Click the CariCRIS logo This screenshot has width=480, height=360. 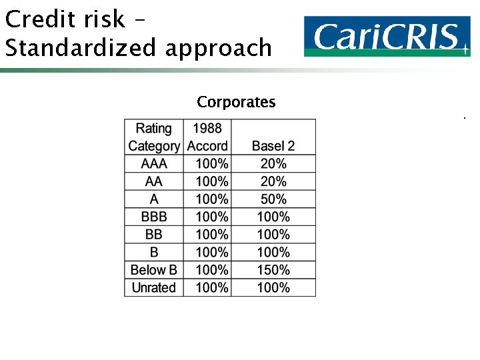[x=387, y=36]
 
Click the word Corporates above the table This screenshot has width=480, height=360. [x=236, y=102]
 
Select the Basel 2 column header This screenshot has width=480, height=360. [x=273, y=145]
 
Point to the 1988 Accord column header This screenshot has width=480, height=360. [x=207, y=137]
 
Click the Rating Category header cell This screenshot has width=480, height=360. [x=154, y=137]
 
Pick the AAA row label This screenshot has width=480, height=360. [x=154, y=163]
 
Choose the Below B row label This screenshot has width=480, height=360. [x=154, y=270]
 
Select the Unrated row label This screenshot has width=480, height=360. [x=154, y=288]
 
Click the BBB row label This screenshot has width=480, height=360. [x=154, y=217]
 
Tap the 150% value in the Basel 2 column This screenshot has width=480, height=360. [x=273, y=270]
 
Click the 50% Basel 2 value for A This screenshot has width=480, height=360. [x=273, y=199]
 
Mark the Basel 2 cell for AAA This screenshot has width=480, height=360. [x=273, y=163]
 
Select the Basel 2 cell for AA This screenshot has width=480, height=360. [x=273, y=181]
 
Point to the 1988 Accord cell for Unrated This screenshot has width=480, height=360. [x=212, y=288]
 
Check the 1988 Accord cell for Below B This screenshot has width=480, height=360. [x=212, y=270]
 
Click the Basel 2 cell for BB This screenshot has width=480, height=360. [x=273, y=235]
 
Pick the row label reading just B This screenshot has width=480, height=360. [x=154, y=253]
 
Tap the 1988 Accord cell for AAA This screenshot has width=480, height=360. [x=212, y=163]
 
